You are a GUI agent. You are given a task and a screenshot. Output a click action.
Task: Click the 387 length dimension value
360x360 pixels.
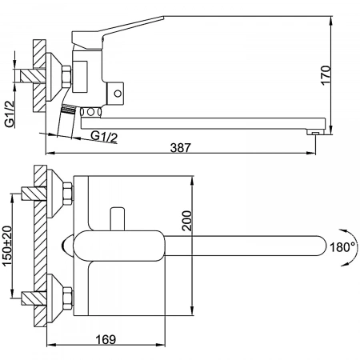(x=181, y=147)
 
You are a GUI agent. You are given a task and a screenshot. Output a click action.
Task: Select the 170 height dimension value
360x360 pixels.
(x=326, y=75)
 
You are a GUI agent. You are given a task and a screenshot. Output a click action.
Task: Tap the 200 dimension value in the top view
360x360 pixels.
(x=187, y=221)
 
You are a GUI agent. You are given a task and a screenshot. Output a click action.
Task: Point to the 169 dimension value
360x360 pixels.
(x=106, y=339)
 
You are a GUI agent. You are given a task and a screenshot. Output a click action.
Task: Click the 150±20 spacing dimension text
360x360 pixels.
(x=7, y=246)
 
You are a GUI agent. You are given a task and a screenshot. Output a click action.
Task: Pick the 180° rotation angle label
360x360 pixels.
(x=342, y=247)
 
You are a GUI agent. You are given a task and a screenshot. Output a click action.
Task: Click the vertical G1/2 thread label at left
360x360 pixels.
(x=10, y=114)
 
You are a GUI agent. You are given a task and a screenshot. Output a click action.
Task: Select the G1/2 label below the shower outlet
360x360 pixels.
(x=104, y=136)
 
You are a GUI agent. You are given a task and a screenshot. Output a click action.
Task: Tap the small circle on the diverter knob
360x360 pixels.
(x=118, y=94)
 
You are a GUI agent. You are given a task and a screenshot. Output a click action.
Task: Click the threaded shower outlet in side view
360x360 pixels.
(x=68, y=110)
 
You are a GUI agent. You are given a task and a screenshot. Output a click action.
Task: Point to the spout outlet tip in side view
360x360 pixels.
(x=315, y=132)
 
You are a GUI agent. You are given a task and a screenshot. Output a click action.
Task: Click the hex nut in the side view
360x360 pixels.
(x=66, y=77)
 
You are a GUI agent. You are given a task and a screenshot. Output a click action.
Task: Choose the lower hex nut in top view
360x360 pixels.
(x=68, y=298)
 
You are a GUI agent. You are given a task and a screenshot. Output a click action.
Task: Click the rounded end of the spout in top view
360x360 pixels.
(x=322, y=246)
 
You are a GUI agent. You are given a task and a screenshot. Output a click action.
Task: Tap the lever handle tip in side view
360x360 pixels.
(x=162, y=18)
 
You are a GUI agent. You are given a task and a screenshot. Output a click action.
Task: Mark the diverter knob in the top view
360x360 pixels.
(x=118, y=218)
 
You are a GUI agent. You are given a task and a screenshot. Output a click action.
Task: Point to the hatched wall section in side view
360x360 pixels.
(x=39, y=76)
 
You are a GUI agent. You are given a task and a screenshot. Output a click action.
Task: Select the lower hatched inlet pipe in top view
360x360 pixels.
(x=34, y=298)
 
